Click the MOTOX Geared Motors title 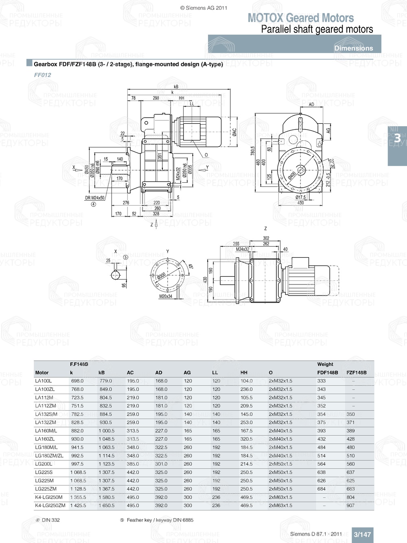(x=300, y=18)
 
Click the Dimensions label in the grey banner (x=353, y=48)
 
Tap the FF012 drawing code (x=42, y=75)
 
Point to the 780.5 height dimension (x=253, y=151)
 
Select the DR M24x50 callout (x=94, y=198)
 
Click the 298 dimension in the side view (x=156, y=98)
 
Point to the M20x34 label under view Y (x=166, y=296)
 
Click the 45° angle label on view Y (x=190, y=267)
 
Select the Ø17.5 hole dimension (x=300, y=197)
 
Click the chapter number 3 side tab (x=397, y=138)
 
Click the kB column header (x=101, y=372)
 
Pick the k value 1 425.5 (x=78, y=506)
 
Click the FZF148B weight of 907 (x=350, y=506)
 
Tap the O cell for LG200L (x=280, y=464)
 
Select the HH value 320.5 (x=246, y=439)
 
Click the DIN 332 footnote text (x=50, y=520)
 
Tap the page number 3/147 (x=362, y=534)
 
